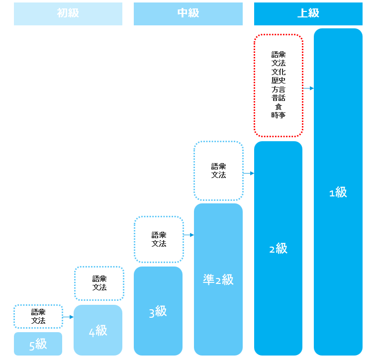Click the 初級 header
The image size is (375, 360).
68,13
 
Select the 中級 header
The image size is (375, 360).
188,13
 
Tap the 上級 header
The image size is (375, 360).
308,13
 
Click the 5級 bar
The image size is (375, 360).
38,344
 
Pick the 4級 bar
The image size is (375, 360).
98,330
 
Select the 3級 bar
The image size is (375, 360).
158,311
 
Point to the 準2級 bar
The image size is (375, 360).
218,279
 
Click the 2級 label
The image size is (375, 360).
278,248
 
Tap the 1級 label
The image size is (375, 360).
338,192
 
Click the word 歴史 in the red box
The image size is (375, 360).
279,81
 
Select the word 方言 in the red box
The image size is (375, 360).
279,90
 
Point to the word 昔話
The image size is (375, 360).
279,98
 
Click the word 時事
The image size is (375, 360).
279,115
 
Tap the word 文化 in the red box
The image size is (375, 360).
279,72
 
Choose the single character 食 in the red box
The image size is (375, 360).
279,106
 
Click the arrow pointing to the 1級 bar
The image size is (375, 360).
308,88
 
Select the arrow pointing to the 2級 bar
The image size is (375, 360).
248,174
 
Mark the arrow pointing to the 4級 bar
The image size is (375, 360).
68,317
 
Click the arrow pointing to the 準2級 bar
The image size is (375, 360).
188,235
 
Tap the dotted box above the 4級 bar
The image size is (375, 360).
99,283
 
